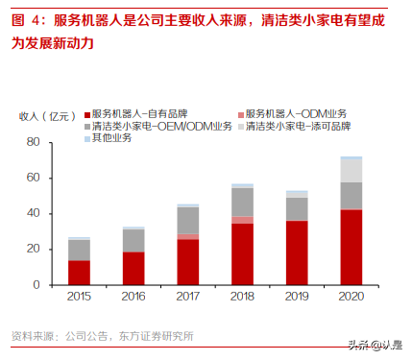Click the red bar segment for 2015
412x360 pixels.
[x=80, y=273]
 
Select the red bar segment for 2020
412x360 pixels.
[x=351, y=247]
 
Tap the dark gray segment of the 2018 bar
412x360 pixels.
[x=243, y=202]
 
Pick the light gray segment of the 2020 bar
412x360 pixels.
[x=351, y=170]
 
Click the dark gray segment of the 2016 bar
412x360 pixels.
[x=133, y=240]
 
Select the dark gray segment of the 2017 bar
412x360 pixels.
[x=188, y=220]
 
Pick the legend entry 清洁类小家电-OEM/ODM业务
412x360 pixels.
[x=158, y=126]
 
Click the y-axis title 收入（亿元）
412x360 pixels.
[x=44, y=115]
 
